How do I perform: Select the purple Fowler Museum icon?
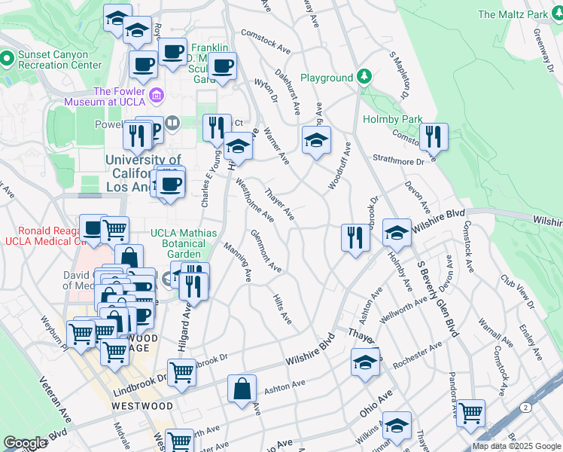[157, 95]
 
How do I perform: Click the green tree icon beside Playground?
[364, 77]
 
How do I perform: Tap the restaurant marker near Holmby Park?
[434, 137]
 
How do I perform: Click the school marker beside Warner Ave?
[317, 139]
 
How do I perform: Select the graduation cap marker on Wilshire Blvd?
[396, 232]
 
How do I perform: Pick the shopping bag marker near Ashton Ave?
[242, 389]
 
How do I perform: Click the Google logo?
[25, 443]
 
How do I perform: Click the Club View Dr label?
[518, 291]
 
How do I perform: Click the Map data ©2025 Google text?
[516, 446]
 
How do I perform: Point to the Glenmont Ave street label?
[266, 251]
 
